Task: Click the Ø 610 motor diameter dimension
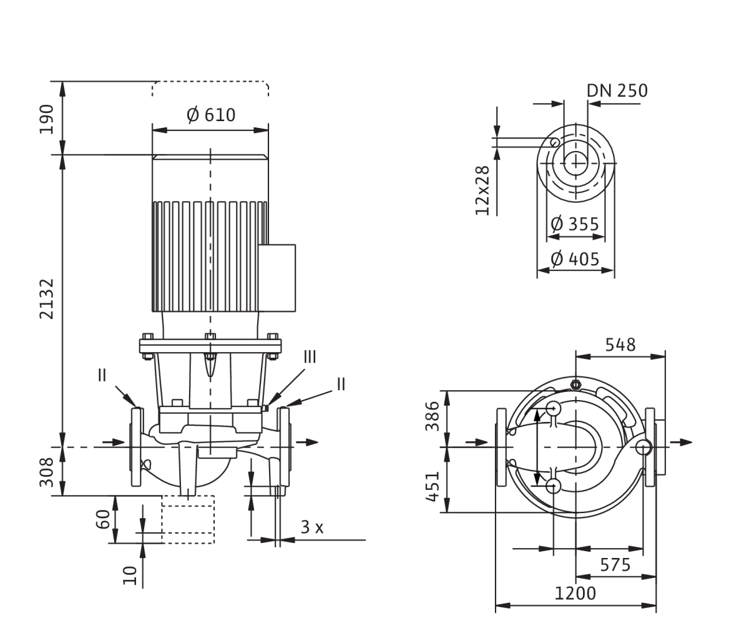click(x=211, y=115)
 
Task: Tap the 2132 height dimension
click(x=47, y=299)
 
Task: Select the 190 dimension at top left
click(x=46, y=119)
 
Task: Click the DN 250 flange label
click(x=617, y=91)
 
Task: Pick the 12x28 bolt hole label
click(x=482, y=190)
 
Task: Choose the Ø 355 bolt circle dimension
click(x=575, y=223)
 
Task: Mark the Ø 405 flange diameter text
click(x=575, y=259)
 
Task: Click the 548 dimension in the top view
click(x=620, y=345)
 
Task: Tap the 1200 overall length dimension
click(x=575, y=593)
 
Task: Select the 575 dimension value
click(x=615, y=565)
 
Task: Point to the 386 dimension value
click(x=432, y=416)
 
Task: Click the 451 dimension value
click(x=432, y=486)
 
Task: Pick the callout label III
click(x=310, y=357)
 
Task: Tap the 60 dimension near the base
click(x=103, y=519)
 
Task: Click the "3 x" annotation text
click(x=312, y=527)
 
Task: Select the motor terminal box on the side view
click(x=277, y=278)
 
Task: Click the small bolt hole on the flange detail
click(x=554, y=142)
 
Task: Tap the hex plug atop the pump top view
click(x=575, y=384)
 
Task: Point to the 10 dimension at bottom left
click(x=130, y=575)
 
